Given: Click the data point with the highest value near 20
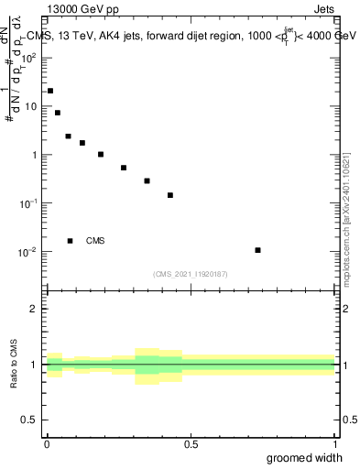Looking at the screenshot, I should point(50,91).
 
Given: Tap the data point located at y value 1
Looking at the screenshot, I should point(101,154).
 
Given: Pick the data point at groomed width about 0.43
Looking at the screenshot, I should point(170,195).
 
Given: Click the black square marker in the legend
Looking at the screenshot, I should point(70,241).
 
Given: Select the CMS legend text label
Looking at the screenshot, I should point(95,241).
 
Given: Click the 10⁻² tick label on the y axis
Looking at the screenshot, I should point(30,252).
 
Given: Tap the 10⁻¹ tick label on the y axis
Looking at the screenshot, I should point(30,203).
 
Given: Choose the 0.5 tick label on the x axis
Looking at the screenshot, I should point(191,444).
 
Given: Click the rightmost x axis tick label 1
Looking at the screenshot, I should point(334,444).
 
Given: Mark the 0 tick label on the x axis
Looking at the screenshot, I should point(47,444).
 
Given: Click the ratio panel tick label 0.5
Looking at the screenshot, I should point(31,421).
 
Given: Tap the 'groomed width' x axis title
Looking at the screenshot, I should point(304,458).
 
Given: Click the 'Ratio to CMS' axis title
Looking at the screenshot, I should point(14,364).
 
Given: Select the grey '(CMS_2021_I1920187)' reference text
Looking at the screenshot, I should point(191,274).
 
